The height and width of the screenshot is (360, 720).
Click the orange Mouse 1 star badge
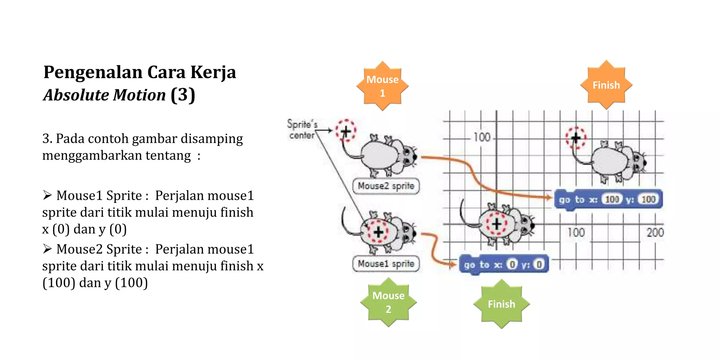(382, 86)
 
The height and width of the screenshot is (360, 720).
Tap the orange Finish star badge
(606, 85)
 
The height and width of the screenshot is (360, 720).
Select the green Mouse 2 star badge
(388, 302)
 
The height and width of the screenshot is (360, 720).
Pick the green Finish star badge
(501, 304)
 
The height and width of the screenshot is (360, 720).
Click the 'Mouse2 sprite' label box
(386, 186)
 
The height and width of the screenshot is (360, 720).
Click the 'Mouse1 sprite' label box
(386, 264)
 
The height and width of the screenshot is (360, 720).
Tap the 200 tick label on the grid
(655, 232)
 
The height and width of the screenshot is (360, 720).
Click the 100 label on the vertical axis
(482, 137)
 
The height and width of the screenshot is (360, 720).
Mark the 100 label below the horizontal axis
(576, 232)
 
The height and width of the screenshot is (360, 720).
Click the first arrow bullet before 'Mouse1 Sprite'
(47, 195)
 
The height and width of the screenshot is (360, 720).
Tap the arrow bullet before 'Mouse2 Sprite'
(47, 249)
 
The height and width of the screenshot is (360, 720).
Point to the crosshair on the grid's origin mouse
(496, 224)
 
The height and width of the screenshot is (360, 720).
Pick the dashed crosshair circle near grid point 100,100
(576, 138)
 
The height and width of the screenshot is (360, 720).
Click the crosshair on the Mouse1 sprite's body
(378, 232)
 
